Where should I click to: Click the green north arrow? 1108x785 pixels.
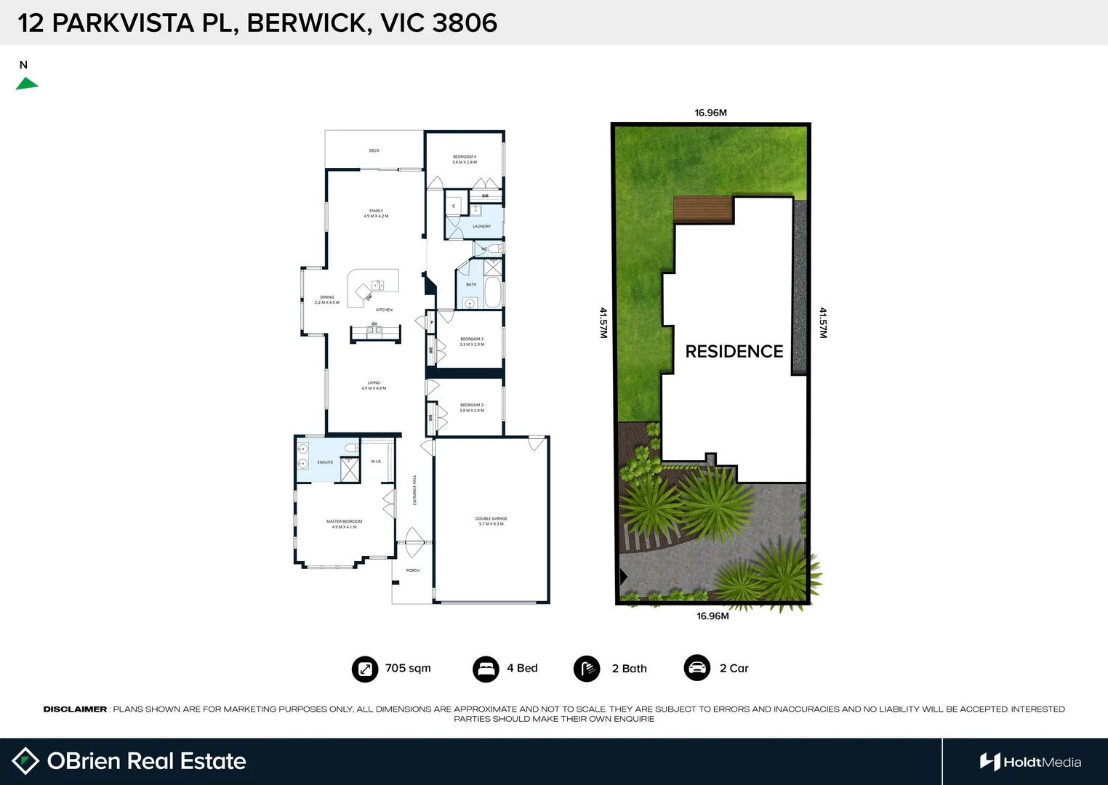[x=26, y=84]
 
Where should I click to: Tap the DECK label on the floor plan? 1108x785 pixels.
[x=374, y=150]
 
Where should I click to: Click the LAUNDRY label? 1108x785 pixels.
[x=481, y=227]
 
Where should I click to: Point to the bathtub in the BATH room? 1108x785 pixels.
[x=493, y=293]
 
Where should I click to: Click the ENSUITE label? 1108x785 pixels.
[x=325, y=462]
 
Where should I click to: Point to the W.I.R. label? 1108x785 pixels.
[x=376, y=462]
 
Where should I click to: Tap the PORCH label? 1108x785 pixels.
[x=413, y=571]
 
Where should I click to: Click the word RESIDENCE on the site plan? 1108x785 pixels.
[x=734, y=352]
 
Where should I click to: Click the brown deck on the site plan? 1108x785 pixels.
[x=703, y=210]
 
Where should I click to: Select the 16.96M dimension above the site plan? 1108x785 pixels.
[x=710, y=113]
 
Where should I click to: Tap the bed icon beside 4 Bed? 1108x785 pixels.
[x=486, y=669]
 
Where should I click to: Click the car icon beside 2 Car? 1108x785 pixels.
[x=696, y=668]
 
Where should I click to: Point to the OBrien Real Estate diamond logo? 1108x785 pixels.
[x=25, y=761]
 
